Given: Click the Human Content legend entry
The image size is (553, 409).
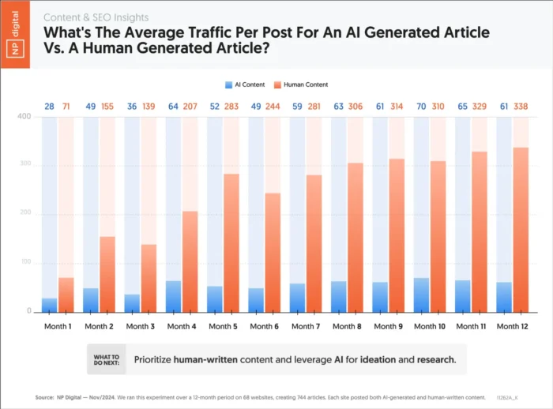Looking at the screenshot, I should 303,84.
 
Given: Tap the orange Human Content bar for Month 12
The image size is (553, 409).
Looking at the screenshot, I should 521,229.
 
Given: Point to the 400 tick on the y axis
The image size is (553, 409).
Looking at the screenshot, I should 24,117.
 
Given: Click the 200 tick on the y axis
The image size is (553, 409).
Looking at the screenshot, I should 24,214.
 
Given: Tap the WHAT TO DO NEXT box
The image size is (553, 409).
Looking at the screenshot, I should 107,359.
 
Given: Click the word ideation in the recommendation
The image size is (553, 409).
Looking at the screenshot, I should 381,359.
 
